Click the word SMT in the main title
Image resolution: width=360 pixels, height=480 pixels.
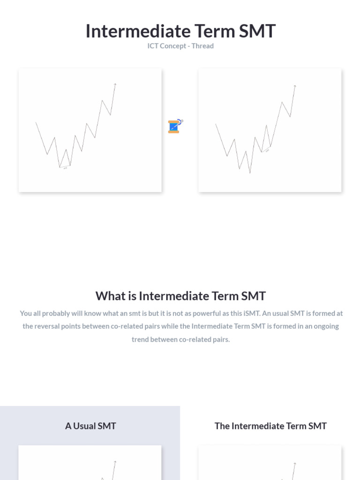257,31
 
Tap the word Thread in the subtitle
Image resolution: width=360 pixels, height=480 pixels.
202,46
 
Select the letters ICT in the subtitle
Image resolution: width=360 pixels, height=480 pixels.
153,46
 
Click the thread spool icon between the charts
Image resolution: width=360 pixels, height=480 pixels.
174,127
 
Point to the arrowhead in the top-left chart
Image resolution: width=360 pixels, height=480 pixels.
115,84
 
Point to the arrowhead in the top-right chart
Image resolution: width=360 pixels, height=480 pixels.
295,86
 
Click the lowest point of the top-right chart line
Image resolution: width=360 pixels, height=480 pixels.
250,173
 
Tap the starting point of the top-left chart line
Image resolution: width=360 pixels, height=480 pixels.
36,123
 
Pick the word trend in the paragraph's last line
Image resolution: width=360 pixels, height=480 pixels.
140,339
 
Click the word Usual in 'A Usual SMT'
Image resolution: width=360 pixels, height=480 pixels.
84,426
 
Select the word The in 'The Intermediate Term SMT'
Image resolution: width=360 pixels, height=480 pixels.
222,426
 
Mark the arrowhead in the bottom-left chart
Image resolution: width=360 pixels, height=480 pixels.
115,462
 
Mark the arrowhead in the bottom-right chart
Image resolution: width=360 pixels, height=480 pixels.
295,464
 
